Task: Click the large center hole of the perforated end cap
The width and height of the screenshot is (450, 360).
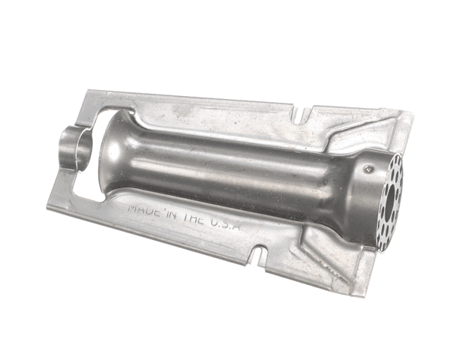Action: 389,199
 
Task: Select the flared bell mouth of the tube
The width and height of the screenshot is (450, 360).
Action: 112,154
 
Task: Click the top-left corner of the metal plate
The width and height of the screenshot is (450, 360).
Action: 88,93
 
